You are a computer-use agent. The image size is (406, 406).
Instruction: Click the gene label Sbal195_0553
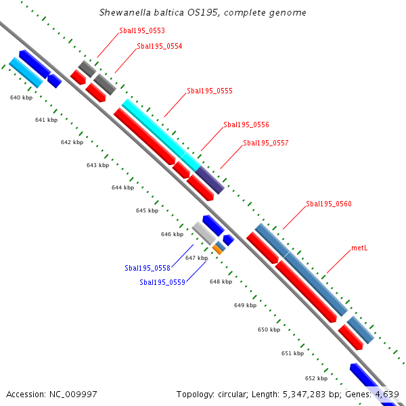(141, 30)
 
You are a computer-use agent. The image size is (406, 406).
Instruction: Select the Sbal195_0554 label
(159, 46)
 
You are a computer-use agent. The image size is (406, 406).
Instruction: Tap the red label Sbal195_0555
(210, 91)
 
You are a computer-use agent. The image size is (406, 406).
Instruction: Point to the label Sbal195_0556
(246, 125)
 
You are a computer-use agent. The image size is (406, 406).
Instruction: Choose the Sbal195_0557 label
(266, 143)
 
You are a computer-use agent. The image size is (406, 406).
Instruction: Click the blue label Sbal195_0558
(148, 268)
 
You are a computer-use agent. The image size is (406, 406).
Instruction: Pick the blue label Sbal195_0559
(162, 282)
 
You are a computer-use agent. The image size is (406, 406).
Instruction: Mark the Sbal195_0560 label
(329, 204)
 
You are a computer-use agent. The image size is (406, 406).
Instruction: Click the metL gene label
(359, 248)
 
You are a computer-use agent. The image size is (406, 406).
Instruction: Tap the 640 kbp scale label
(21, 98)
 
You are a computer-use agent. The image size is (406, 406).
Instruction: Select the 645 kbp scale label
(147, 210)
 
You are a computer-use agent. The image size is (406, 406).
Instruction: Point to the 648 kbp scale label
(221, 281)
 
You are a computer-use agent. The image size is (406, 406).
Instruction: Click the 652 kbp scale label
(316, 378)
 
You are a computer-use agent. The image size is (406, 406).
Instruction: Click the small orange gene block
(217, 250)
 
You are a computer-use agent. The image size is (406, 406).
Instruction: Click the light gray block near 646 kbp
(204, 233)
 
